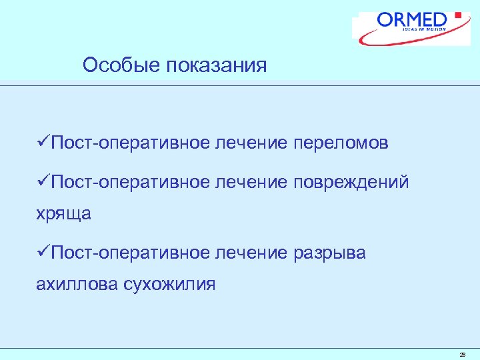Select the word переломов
(341, 143)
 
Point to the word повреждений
(350, 182)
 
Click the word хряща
(63, 213)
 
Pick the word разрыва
(329, 253)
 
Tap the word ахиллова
(77, 285)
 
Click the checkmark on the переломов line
(43, 143)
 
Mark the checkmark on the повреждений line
(43, 181)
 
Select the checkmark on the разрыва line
(43, 253)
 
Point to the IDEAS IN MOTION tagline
(425, 30)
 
